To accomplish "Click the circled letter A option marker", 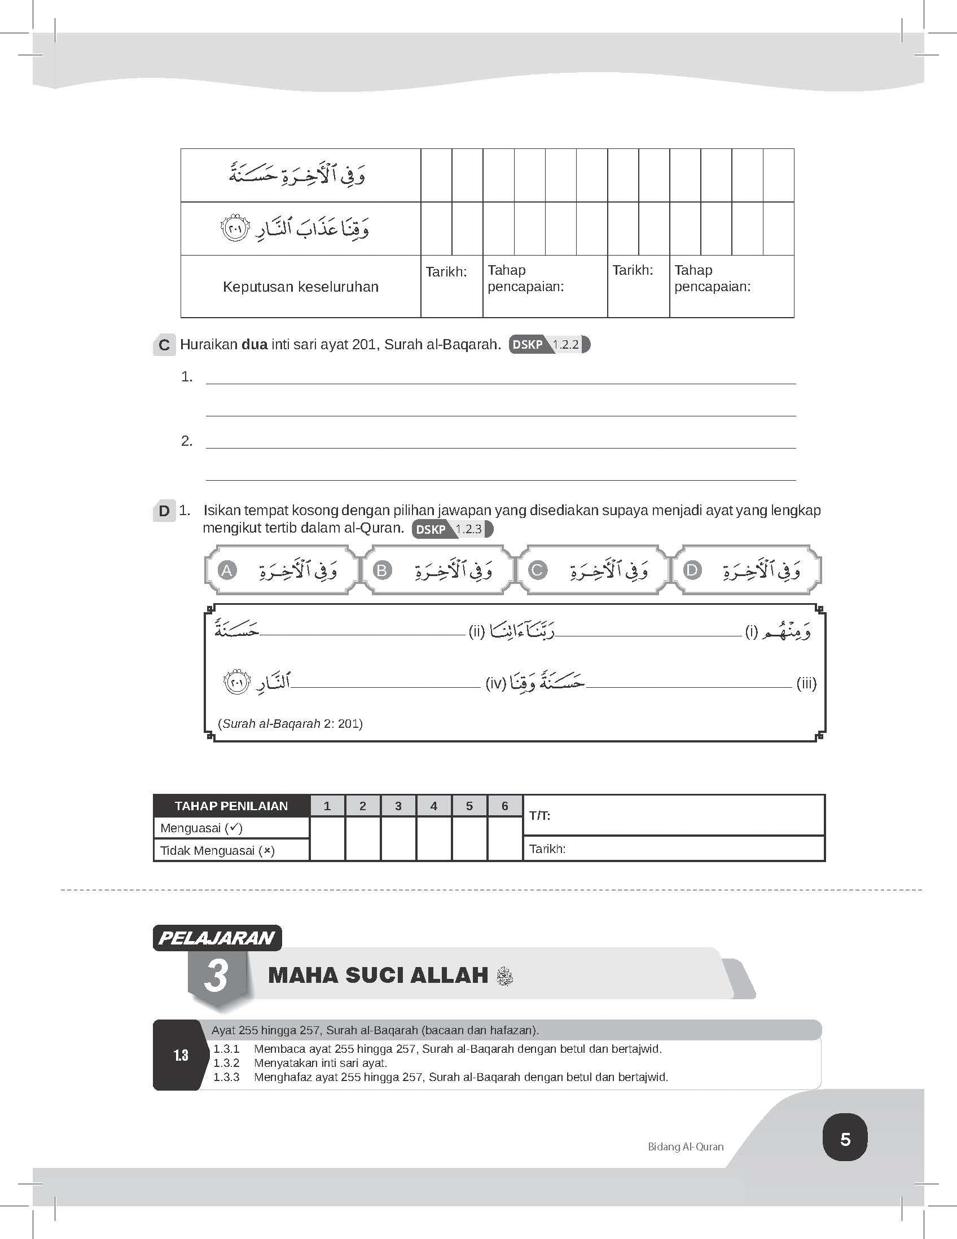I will (x=227, y=570).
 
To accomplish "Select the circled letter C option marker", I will (x=537, y=570).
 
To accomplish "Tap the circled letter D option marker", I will (x=692, y=570).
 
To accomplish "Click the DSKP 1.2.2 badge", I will (x=548, y=344).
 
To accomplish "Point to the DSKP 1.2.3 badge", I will (x=452, y=529).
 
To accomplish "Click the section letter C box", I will (x=164, y=345).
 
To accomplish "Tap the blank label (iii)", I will (x=806, y=683).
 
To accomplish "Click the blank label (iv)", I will (x=495, y=684).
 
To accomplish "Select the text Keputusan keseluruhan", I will (x=300, y=287).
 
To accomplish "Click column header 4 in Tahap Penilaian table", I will (x=433, y=806).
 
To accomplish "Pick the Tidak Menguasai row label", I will (x=217, y=850).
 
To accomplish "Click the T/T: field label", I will (x=539, y=816).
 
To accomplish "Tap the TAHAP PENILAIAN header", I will (x=231, y=806).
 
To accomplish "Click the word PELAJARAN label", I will (x=216, y=938).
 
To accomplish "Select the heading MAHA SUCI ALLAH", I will (x=378, y=975).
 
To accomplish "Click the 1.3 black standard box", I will (x=181, y=1055).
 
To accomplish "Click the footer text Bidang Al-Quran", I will (x=685, y=1146).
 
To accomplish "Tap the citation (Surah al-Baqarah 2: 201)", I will (x=290, y=723).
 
